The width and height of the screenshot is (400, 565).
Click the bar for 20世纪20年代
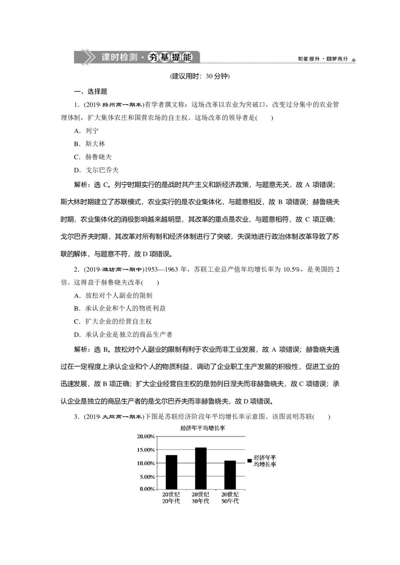[x=171, y=472]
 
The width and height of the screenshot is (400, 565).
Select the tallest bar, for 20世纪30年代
[x=200, y=468]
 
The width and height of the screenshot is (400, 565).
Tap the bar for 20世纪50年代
[x=230, y=475]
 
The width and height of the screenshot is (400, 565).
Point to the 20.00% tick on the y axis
[x=146, y=436]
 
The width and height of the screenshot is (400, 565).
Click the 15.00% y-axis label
[x=146, y=450]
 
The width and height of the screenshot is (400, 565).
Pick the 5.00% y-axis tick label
[x=147, y=477]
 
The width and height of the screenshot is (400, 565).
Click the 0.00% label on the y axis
[x=147, y=489]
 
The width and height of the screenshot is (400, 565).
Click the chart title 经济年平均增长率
[x=202, y=428]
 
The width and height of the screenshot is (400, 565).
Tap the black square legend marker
[x=250, y=461]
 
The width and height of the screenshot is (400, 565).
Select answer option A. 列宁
[x=86, y=131]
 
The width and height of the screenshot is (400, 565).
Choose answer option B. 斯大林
[x=90, y=144]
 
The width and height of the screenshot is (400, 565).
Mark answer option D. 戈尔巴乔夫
[x=96, y=170]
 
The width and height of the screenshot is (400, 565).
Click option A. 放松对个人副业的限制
[x=113, y=296]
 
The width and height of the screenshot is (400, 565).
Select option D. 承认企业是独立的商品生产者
[x=123, y=334]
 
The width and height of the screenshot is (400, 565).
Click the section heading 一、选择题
[x=91, y=92]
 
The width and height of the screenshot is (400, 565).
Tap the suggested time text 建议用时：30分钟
[x=200, y=76]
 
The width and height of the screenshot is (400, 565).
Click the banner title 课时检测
[x=119, y=57]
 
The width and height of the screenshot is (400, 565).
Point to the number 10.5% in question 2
[x=292, y=270]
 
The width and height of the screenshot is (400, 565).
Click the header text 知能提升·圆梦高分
[x=323, y=59]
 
